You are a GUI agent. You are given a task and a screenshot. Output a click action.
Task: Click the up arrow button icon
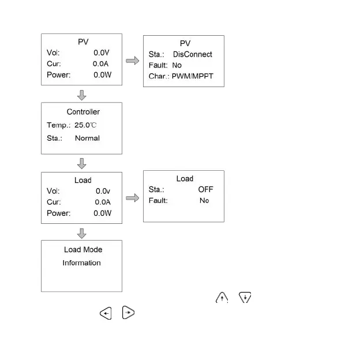[x=223, y=298]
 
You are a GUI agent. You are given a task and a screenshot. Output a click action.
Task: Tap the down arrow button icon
[x=245, y=298]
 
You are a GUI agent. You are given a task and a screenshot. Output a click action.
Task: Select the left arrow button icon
[x=106, y=313]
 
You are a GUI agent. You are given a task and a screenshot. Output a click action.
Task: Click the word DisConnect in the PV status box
[x=193, y=54]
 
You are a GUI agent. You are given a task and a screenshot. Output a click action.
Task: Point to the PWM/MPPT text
[x=193, y=76]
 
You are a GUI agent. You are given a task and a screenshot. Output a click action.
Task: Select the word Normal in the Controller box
[x=87, y=138]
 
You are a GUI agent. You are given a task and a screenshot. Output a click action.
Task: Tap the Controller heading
[x=83, y=112]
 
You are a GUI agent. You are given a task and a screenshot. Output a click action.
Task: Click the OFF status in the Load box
[x=205, y=189]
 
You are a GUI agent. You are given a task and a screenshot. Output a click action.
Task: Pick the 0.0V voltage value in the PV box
[x=102, y=52]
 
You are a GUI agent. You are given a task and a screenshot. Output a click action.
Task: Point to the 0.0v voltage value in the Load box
[x=103, y=191]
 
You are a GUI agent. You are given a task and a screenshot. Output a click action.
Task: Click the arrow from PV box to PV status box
[x=133, y=61]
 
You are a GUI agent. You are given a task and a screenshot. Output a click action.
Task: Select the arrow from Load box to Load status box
[x=133, y=198]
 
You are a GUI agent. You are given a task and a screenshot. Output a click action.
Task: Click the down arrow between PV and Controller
[x=82, y=95]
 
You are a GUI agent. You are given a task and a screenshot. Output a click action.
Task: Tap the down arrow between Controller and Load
[x=82, y=163]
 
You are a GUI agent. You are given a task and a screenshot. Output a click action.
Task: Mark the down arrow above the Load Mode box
[x=82, y=232]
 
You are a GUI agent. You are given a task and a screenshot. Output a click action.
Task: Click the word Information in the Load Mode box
[x=82, y=263]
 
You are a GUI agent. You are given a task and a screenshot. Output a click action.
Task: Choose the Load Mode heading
[x=83, y=250]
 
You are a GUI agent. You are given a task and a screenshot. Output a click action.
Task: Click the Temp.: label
[x=58, y=125]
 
